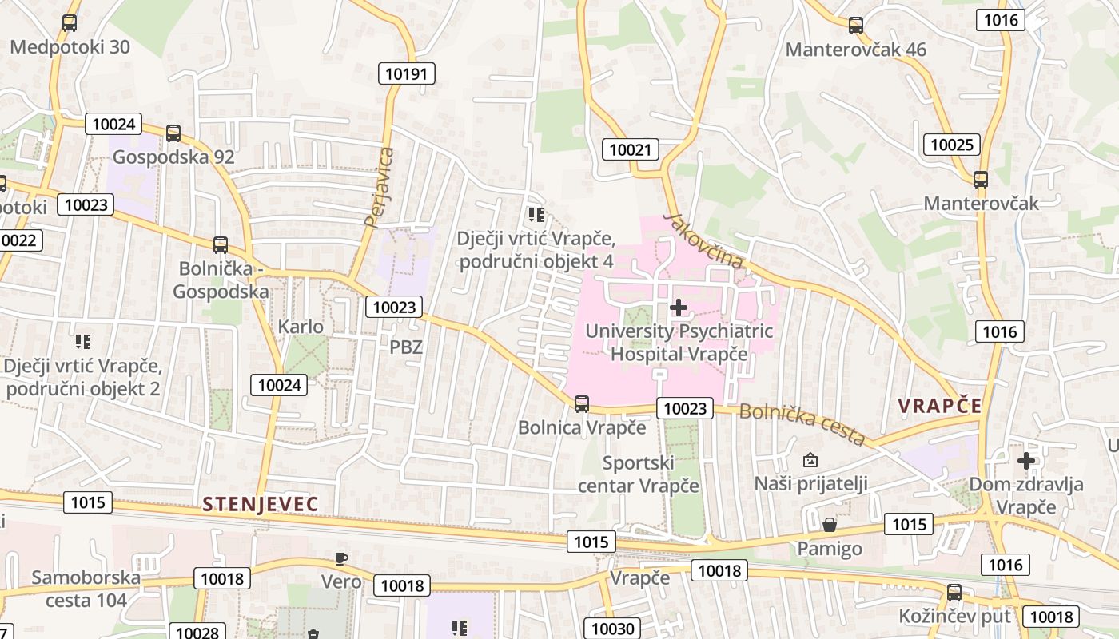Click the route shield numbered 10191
[x=408, y=74]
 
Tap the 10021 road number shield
[x=631, y=149]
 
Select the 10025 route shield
[x=951, y=145]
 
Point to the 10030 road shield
[x=613, y=629]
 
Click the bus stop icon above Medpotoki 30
[x=70, y=23]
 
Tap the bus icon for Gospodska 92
[x=173, y=133]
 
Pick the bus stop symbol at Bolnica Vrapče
[x=582, y=404]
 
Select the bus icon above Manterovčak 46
[x=856, y=26]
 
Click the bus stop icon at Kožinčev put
[x=954, y=593]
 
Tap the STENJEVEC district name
[x=261, y=505]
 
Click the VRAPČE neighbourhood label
[x=939, y=406]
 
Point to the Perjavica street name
[x=380, y=188]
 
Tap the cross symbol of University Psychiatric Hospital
[x=679, y=308]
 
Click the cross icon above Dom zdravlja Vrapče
[x=1026, y=461]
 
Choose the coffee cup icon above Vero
[x=341, y=558]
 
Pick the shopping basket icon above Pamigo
[x=830, y=525]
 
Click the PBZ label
[x=406, y=347]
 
